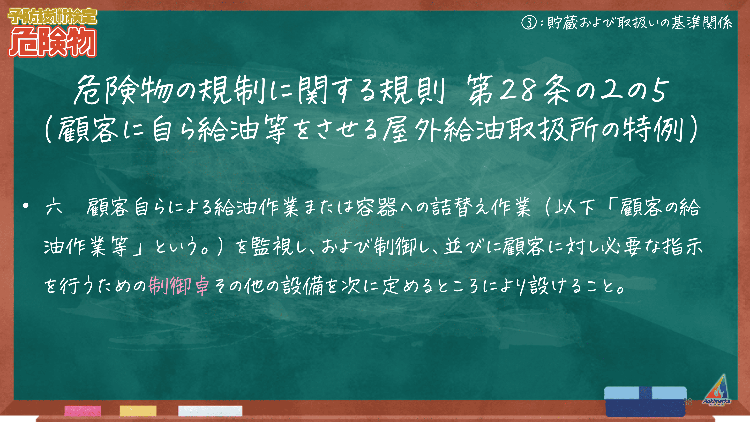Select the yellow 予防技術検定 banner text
pos(52,16)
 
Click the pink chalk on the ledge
pos(83,411)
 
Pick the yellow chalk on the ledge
pos(138,411)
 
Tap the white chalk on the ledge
pos(210,411)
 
